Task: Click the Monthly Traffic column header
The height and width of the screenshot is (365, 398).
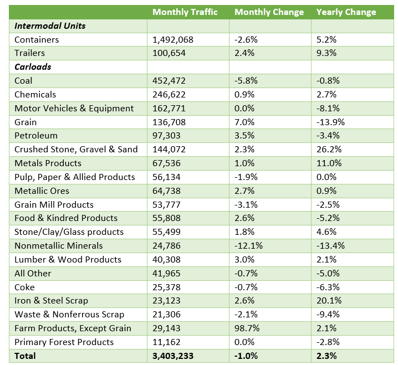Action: (x=185, y=12)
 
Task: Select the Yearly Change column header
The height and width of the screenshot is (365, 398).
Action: (x=346, y=12)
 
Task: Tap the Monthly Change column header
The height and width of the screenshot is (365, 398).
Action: (x=269, y=12)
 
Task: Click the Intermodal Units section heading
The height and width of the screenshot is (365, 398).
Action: (x=50, y=26)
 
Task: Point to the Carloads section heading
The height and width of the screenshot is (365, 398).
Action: (x=33, y=67)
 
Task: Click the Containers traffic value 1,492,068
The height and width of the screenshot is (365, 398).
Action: (x=174, y=40)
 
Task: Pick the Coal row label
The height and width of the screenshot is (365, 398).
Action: (x=24, y=81)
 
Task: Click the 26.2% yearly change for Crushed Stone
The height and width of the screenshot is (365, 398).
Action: (x=328, y=150)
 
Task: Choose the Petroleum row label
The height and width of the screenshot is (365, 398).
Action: (x=36, y=136)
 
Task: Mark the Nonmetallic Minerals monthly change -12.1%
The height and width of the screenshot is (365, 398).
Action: (x=249, y=246)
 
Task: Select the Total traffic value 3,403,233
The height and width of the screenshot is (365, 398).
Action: (x=173, y=356)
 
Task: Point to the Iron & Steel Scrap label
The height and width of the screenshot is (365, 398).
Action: (x=51, y=301)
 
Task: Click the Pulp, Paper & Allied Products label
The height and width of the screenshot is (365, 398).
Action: (x=75, y=177)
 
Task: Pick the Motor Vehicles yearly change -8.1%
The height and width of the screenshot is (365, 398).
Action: (x=328, y=109)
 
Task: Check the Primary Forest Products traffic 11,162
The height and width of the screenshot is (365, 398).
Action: (x=167, y=342)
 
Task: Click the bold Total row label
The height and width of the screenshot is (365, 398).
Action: (x=25, y=356)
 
